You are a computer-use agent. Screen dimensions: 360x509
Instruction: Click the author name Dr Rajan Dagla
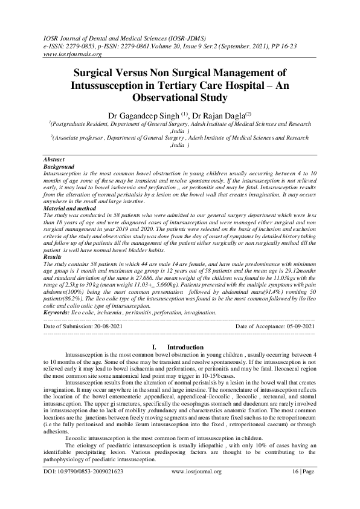222,114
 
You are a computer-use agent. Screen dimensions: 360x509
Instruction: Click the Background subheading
59,166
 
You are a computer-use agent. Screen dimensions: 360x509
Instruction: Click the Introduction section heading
185,347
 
